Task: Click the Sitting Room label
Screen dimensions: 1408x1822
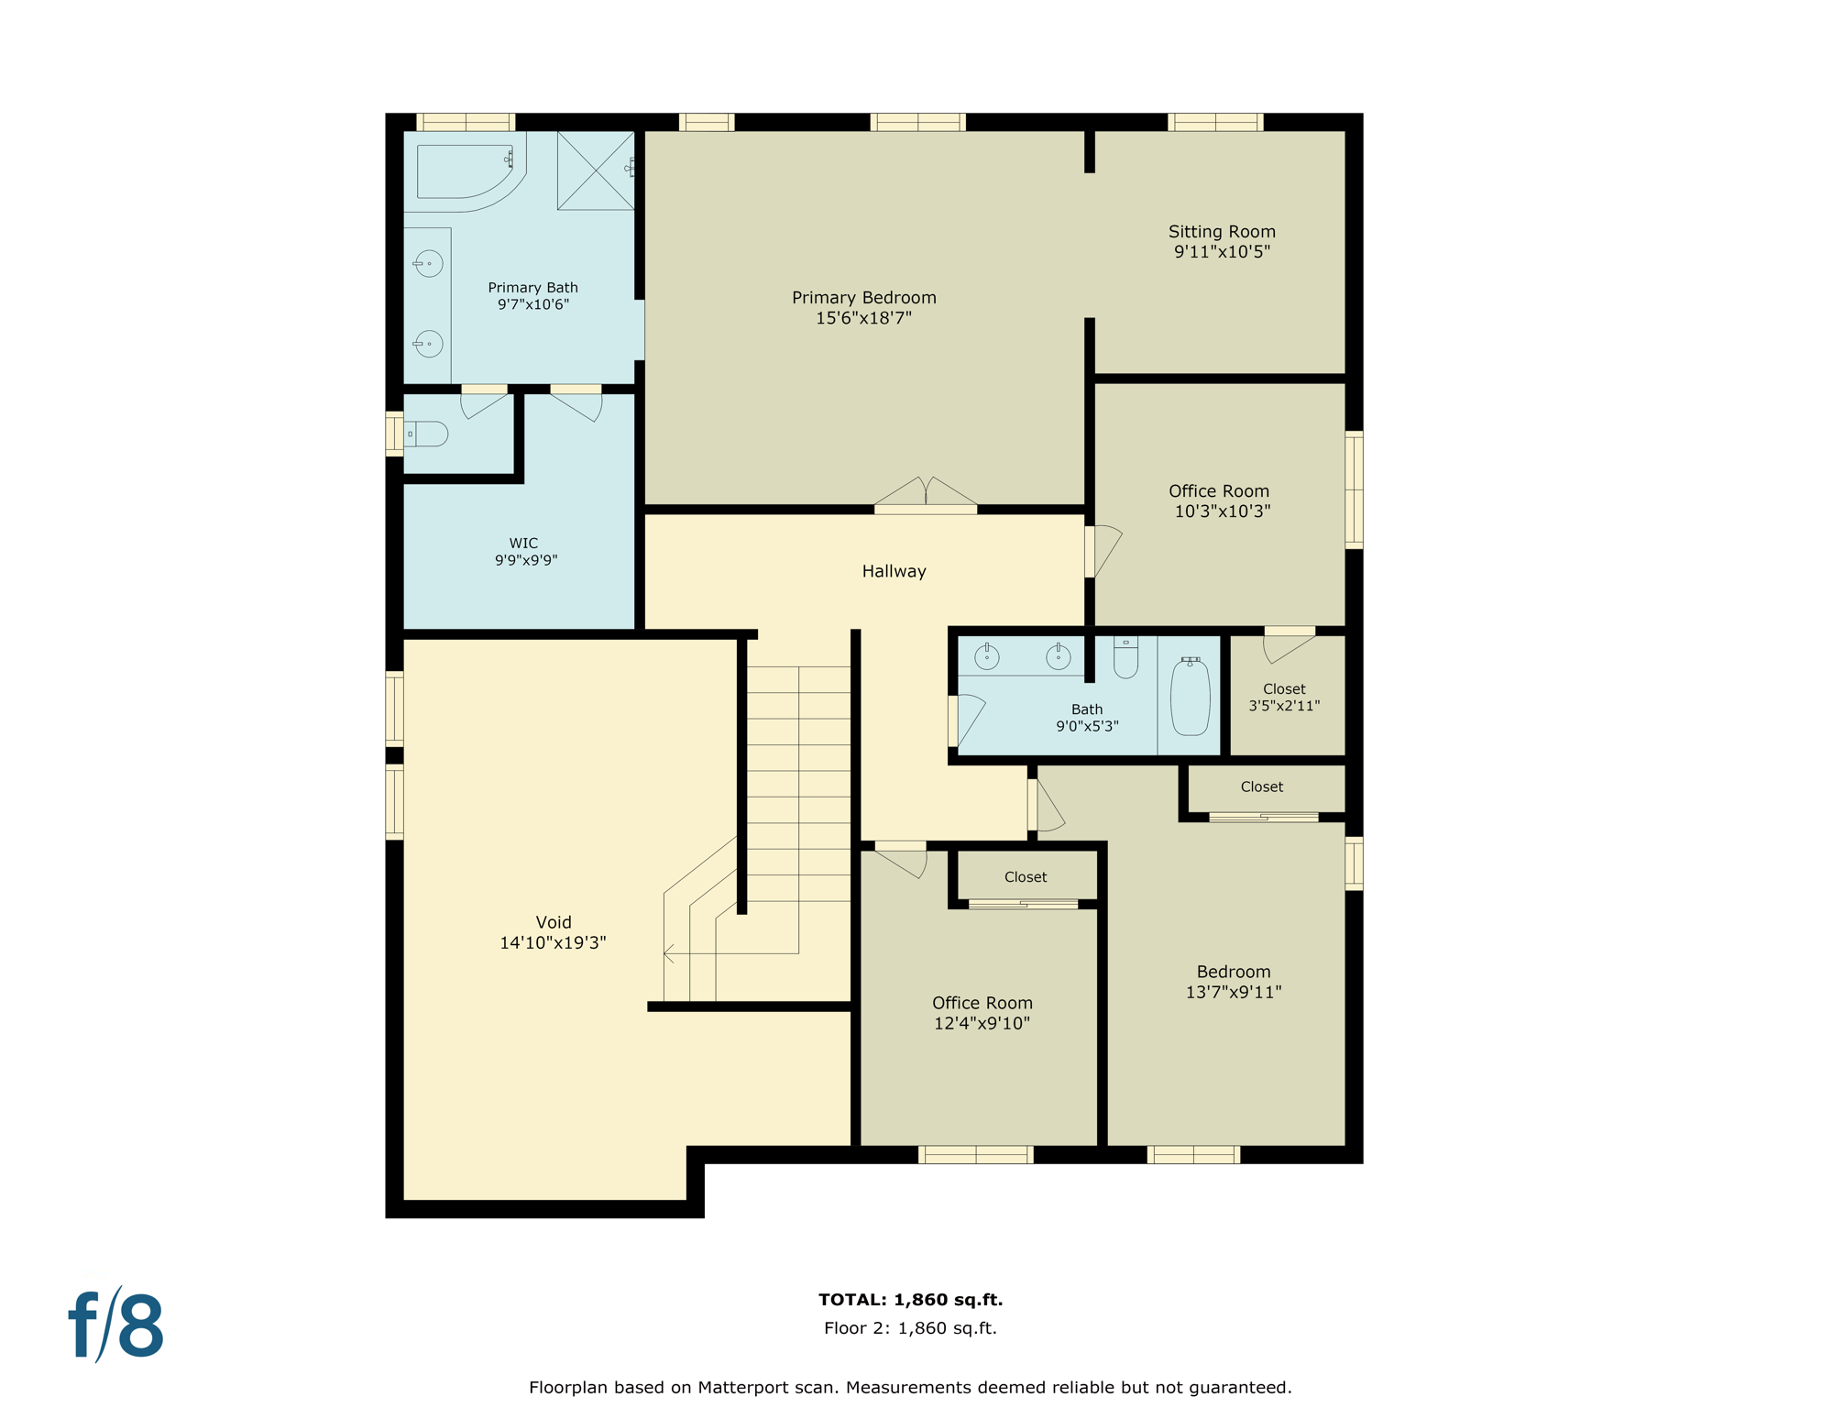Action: (x=1221, y=232)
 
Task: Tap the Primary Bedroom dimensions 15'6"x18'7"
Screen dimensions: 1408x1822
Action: (x=863, y=318)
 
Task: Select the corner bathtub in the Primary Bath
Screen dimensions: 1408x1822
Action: (x=466, y=172)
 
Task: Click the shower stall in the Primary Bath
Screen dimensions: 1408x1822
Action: (x=596, y=170)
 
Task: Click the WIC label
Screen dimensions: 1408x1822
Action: (x=524, y=544)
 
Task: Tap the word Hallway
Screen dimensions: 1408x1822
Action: (x=894, y=571)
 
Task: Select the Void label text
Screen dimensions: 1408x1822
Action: (x=553, y=922)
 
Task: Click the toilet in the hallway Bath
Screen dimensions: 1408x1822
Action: (x=1125, y=657)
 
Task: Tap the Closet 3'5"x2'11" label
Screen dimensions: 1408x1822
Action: (x=1283, y=697)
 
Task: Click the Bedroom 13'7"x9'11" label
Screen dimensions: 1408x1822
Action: (x=1233, y=981)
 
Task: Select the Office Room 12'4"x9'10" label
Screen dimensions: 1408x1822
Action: (x=982, y=1013)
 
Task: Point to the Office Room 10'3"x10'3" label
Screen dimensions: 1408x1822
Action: (x=1219, y=500)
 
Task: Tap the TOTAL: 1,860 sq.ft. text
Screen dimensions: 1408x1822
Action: (x=910, y=1299)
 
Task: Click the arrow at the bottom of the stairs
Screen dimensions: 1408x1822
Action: (x=669, y=954)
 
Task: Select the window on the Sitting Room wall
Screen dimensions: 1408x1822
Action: (x=1215, y=122)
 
